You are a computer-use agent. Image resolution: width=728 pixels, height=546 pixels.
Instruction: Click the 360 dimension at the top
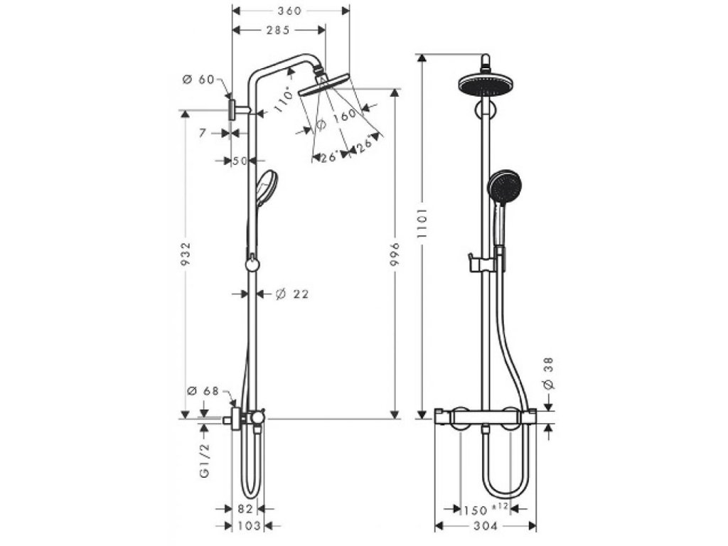(291, 10)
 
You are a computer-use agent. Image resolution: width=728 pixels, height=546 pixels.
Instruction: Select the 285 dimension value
(278, 30)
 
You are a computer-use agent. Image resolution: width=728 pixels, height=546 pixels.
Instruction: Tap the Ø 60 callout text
(198, 80)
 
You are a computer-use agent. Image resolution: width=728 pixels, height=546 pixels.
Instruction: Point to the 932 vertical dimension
(186, 254)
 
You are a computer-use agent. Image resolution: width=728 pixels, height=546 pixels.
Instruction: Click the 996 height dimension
(395, 254)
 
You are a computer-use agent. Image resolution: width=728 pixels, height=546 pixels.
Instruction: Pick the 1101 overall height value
(422, 224)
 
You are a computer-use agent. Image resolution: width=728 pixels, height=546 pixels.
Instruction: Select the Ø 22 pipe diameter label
(291, 294)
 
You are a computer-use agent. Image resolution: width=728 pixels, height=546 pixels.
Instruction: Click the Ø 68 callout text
(203, 391)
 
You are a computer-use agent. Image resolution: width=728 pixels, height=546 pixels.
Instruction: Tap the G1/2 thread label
(204, 460)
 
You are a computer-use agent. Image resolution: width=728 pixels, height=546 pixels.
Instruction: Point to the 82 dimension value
(245, 509)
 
